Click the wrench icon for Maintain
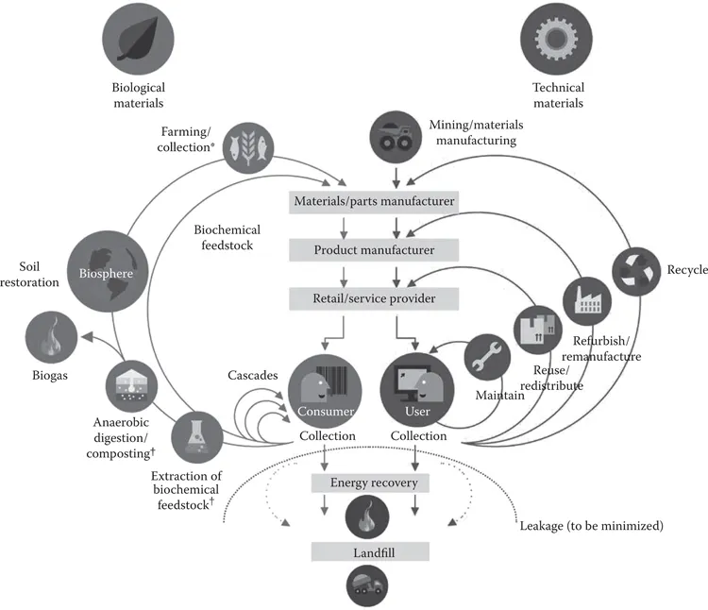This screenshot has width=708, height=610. [490, 361]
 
